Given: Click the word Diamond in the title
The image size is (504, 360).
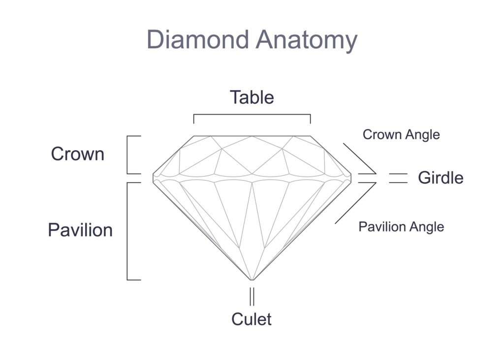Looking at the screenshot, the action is point(198,39).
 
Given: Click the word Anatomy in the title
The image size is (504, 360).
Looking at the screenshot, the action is point(307,41).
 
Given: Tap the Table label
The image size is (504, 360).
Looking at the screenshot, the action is point(252,97).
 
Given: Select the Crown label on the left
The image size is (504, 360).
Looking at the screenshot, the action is point(78,154).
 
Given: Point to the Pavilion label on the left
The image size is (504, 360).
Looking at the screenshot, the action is point(80,230).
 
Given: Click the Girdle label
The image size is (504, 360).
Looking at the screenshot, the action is point(441,178).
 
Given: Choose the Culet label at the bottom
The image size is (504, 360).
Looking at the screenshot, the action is point(252,319).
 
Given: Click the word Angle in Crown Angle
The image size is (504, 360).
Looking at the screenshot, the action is point(422,135).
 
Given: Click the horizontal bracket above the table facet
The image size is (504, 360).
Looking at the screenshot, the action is point(252,114).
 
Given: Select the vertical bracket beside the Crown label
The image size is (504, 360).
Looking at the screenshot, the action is point(127,155).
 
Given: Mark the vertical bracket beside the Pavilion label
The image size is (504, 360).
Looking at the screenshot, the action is point(127,231).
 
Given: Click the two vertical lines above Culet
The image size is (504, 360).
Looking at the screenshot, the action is point(252,296).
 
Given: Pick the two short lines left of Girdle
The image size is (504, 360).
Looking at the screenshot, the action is point(398,178).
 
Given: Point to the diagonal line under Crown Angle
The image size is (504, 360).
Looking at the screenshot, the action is point(360,159).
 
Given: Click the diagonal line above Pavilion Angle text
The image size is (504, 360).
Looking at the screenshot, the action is point(355,203).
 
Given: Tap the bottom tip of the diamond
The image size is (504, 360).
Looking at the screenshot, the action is point(252,280).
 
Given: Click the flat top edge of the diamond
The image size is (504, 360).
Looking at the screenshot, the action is point(252,136).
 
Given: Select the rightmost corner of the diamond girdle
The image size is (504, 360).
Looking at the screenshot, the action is point(351,178).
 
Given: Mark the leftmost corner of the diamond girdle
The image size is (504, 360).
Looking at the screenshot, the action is point(153,178).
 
